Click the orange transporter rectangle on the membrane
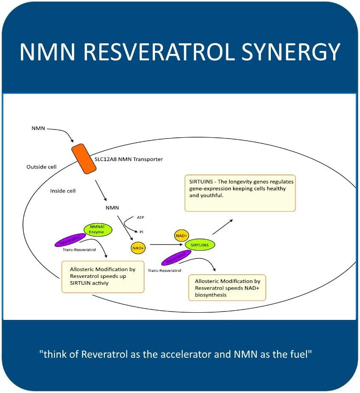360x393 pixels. (83, 159)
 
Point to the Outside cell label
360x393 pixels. (41, 167)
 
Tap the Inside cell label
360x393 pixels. (63, 191)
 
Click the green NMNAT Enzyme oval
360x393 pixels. (98, 230)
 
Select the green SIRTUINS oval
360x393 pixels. (200, 244)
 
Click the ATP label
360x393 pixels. (141, 217)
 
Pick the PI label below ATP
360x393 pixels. (142, 232)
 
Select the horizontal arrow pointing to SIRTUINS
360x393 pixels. (166, 244)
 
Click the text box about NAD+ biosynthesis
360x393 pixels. (227, 288)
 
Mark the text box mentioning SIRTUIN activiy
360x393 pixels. (103, 276)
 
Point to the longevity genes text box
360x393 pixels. (240, 192)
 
